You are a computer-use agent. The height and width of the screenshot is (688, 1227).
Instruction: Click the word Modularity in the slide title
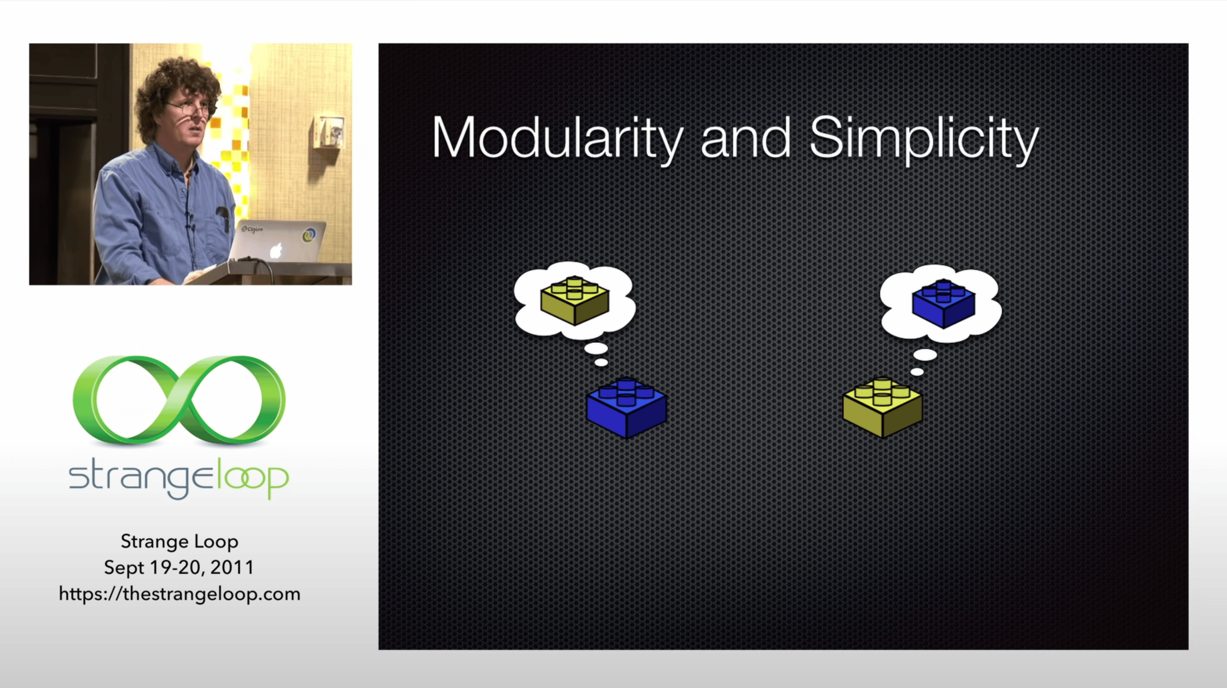pyautogui.click(x=557, y=138)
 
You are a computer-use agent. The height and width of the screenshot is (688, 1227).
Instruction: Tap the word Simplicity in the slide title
pyautogui.click(x=924, y=138)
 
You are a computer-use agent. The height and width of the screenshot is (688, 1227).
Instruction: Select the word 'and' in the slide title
pyautogui.click(x=745, y=138)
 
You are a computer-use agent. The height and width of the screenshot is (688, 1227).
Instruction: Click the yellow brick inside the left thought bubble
pyautogui.click(x=575, y=300)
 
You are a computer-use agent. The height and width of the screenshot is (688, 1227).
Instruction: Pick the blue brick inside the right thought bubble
pyautogui.click(x=944, y=303)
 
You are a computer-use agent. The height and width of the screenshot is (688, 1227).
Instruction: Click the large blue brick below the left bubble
pyautogui.click(x=627, y=408)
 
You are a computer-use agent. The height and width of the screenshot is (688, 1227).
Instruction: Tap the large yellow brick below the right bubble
pyautogui.click(x=882, y=408)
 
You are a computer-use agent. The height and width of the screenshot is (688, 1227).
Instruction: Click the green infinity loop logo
pyautogui.click(x=179, y=399)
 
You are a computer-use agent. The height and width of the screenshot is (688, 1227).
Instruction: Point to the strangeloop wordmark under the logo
pyautogui.click(x=179, y=478)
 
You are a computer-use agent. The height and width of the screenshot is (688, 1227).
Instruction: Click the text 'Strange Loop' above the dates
pyautogui.click(x=179, y=541)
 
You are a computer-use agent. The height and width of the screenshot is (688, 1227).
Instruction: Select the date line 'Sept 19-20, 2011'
pyautogui.click(x=179, y=567)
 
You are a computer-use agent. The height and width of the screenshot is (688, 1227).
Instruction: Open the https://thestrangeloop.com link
pyautogui.click(x=179, y=594)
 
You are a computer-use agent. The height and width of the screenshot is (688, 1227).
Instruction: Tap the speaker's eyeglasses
pyautogui.click(x=189, y=109)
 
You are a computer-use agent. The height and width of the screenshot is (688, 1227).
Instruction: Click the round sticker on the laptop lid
pyautogui.click(x=309, y=235)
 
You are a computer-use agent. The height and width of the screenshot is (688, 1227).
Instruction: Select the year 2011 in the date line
pyautogui.click(x=233, y=567)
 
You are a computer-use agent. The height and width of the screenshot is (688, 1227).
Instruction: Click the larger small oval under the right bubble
pyautogui.click(x=925, y=354)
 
